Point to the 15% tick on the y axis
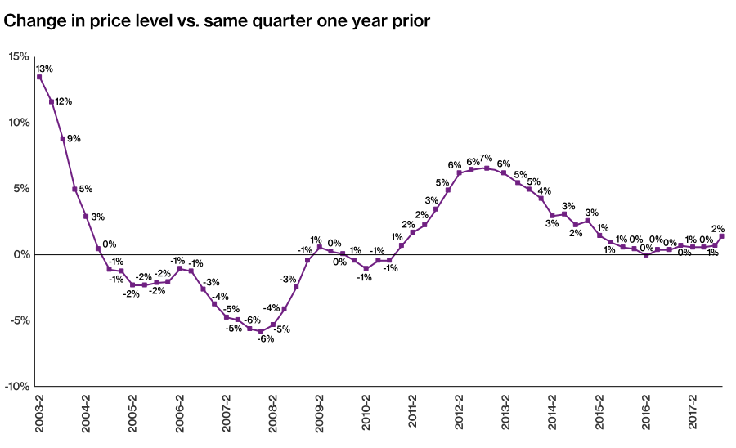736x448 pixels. (x=19, y=56)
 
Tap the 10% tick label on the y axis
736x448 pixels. (x=19, y=123)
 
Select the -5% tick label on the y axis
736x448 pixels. (x=19, y=320)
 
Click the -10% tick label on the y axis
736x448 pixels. (x=17, y=387)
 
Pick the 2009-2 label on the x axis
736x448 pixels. (x=320, y=418)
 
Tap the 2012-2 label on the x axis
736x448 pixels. (x=460, y=418)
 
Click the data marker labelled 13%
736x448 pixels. (x=39, y=77)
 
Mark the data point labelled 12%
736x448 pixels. (x=51, y=102)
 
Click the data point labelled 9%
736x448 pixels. (x=62, y=139)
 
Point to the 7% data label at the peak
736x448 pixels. (x=486, y=158)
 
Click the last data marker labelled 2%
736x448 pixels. (x=721, y=236)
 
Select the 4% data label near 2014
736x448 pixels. (x=545, y=191)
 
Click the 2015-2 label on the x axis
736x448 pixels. (x=599, y=418)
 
